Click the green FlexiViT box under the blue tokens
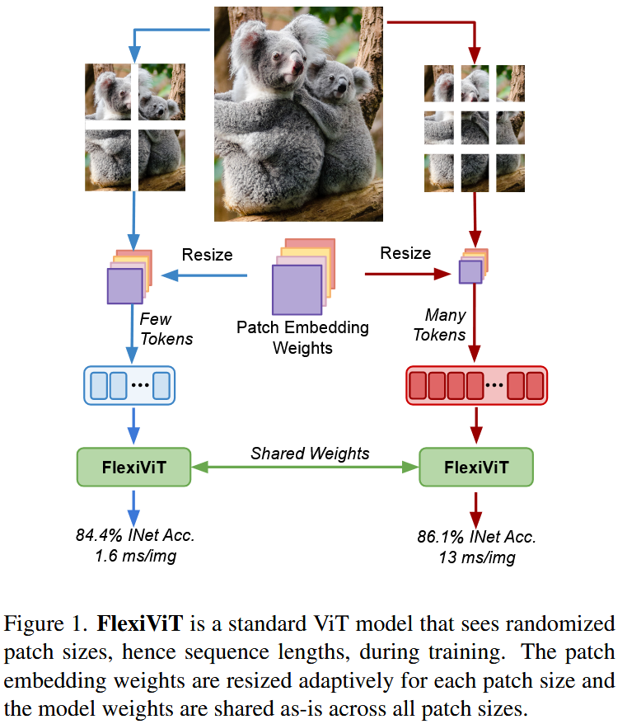coord(133,468)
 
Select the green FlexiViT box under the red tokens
coord(476,468)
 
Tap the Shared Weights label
coord(310,454)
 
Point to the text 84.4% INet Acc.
coord(136,535)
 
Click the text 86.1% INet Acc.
coord(477,538)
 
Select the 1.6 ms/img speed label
coord(136,556)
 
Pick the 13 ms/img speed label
coord(477,558)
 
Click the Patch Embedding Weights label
coord(302,337)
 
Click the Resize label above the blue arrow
coord(207,255)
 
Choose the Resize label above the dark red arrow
coord(405,253)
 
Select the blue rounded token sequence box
coord(131,386)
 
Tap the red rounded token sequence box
coord(476,386)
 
